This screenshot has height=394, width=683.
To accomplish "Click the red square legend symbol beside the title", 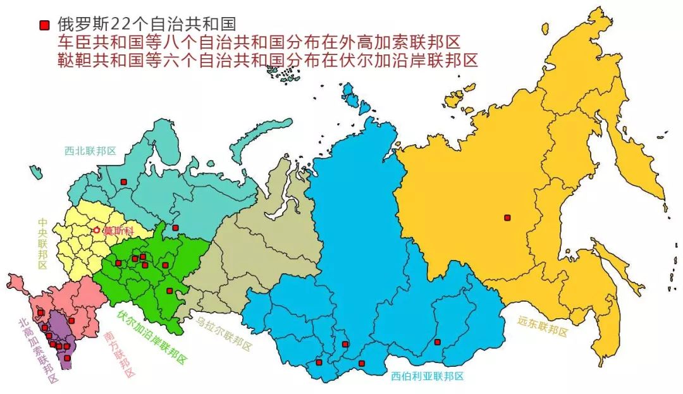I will tap(44, 25).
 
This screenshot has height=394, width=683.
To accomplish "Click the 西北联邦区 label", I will tap(90, 151).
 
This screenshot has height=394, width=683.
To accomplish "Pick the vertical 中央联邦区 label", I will tap(42, 243).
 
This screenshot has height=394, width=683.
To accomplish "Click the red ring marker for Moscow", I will tap(96, 231).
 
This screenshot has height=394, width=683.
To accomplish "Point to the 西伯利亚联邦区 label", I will tap(427, 376).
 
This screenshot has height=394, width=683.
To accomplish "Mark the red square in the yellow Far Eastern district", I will tap(507, 218).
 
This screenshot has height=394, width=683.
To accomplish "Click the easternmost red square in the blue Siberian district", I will tap(437, 342).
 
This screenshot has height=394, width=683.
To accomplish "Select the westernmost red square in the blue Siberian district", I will tap(319, 363).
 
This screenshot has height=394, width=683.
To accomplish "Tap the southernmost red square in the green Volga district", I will tap(169, 291).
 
